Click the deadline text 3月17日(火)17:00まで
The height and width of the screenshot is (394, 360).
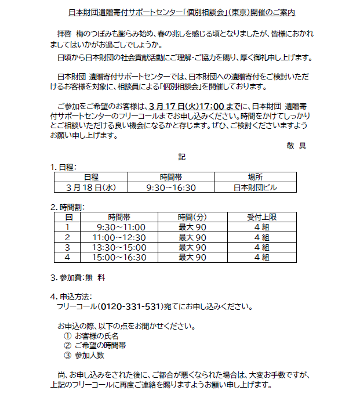coord(193,106)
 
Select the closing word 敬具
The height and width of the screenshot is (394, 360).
coord(296,146)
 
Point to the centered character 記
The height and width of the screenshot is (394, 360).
coord(182,157)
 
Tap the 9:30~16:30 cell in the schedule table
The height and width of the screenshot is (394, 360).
coord(171,187)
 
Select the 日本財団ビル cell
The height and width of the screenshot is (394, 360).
coord(255,187)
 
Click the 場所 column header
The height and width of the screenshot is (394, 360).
coord(255,178)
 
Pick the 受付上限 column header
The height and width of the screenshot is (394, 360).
coord(261,217)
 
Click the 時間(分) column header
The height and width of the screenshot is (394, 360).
coord(192,217)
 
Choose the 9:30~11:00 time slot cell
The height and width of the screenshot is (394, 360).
coord(121,227)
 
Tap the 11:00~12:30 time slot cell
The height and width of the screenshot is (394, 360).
coord(121,237)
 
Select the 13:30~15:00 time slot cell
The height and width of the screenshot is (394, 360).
coord(121,247)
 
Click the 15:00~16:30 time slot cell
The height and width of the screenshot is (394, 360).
coord(121,257)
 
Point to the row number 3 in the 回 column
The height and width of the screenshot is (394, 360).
coord(68,247)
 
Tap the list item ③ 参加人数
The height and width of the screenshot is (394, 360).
coord(84,355)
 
